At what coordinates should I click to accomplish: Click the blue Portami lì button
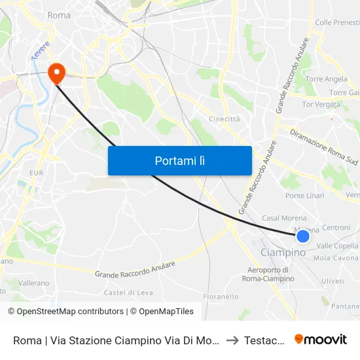click(179, 160)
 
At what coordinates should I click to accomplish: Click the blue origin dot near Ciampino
click(302, 236)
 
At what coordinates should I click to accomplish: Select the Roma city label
click(59, 15)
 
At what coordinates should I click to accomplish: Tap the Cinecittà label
click(224, 119)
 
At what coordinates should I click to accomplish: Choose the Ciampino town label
click(283, 253)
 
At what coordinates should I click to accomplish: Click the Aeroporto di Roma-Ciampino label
click(268, 274)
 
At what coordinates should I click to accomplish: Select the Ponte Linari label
click(304, 196)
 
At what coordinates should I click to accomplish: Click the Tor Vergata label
click(321, 104)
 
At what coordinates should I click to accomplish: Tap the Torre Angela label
click(326, 79)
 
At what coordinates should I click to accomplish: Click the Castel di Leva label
click(128, 293)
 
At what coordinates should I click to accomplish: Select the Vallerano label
click(33, 283)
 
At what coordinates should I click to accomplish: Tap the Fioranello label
click(221, 297)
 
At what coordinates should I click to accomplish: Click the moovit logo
click(321, 339)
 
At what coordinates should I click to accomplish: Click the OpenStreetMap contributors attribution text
click(66, 312)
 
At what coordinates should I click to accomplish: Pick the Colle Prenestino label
click(337, 22)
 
